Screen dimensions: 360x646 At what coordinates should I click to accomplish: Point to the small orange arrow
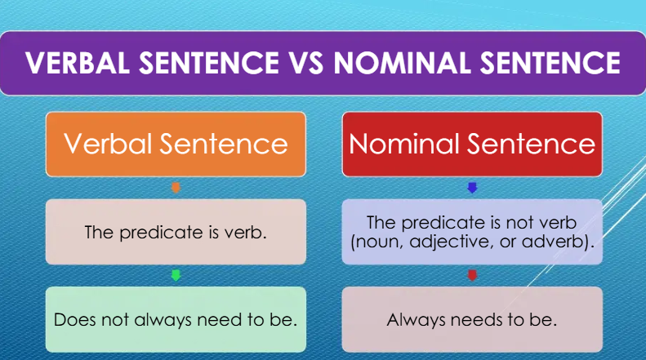tap(176, 188)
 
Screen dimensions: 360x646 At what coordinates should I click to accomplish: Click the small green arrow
tap(176, 275)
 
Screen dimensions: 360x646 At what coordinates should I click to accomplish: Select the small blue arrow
tap(471, 188)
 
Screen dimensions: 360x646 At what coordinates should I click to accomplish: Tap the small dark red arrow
tap(471, 275)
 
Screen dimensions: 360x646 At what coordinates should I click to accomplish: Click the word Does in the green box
tap(71, 319)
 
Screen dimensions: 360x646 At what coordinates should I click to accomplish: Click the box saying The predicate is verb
tap(176, 232)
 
